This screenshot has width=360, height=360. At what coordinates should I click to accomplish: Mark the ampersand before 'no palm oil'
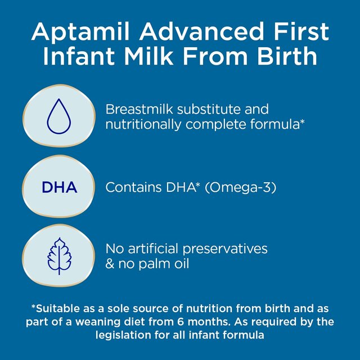tap(110, 264)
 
